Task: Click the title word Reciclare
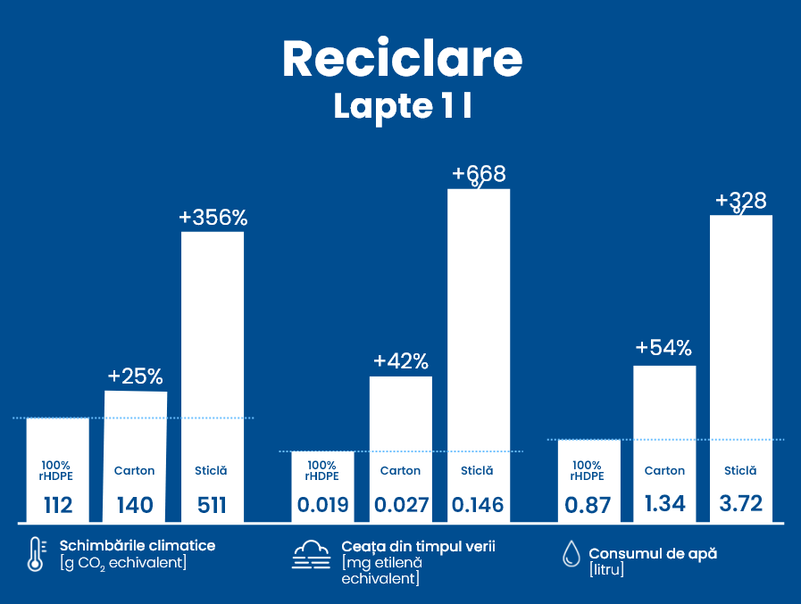(402, 59)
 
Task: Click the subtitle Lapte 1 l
(402, 105)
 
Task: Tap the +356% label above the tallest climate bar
(213, 218)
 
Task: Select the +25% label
(136, 376)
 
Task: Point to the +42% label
(401, 361)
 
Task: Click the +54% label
(663, 348)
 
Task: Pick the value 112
(58, 506)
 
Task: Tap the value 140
(135, 506)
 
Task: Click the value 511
(212, 506)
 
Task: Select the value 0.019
(322, 506)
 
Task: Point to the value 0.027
(401, 506)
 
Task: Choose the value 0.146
(478, 506)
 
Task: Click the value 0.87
(588, 506)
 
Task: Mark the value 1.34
(664, 503)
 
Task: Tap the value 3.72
(740, 503)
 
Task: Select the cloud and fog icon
(312, 554)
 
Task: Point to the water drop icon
(570, 554)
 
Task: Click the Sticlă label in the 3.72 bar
(740, 470)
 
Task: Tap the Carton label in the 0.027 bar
(400, 470)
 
